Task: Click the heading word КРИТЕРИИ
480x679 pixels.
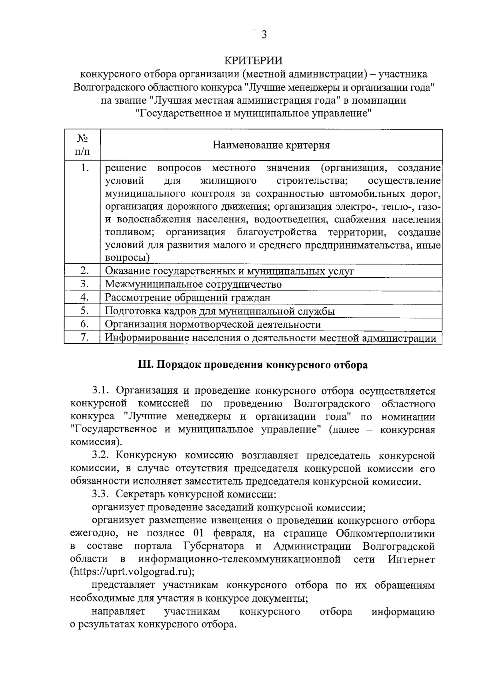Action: [x=253, y=60]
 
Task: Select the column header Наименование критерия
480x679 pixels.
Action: [x=271, y=145]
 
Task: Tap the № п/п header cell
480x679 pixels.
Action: [x=82, y=145]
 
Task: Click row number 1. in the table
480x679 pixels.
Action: [x=84, y=168]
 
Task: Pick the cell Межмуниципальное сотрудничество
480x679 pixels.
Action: [x=193, y=284]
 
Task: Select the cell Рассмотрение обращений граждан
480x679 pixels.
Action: [x=188, y=298]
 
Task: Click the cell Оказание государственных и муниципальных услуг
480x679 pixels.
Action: [x=230, y=271]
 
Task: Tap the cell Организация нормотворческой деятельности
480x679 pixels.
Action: [x=213, y=324]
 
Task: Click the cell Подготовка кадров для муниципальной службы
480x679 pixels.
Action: [x=220, y=311]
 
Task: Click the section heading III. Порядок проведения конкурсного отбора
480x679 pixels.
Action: [x=252, y=365]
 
